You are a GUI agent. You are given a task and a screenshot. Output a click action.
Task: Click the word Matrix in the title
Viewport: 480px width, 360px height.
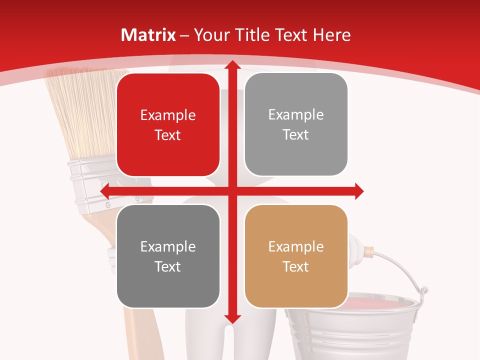coord(148,35)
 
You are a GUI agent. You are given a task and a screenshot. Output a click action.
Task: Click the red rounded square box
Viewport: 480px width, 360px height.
coord(168,124)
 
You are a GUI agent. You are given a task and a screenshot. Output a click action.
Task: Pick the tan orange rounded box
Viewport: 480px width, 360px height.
coord(296,256)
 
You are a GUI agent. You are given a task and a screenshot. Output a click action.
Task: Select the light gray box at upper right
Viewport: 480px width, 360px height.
coord(296,124)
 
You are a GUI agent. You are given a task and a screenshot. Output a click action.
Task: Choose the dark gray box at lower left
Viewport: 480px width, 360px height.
coord(168,256)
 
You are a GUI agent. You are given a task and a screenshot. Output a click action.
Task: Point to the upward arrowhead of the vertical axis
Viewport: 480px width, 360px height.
coord(232,65)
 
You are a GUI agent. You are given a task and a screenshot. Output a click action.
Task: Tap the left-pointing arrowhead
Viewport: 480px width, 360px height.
coord(105,191)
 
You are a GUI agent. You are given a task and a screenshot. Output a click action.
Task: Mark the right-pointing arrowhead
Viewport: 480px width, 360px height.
coord(358,191)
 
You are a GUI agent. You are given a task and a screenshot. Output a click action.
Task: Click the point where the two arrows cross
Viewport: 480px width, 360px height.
coord(232,191)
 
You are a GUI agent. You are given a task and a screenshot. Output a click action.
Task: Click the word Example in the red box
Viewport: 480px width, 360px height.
coord(168,115)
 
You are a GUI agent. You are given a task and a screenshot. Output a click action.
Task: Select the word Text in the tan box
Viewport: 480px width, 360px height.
coord(296,266)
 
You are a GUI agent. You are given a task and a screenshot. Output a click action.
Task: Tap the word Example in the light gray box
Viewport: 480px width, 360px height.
coord(296,115)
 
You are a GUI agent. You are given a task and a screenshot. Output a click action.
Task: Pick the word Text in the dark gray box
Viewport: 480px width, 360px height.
coord(168,266)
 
